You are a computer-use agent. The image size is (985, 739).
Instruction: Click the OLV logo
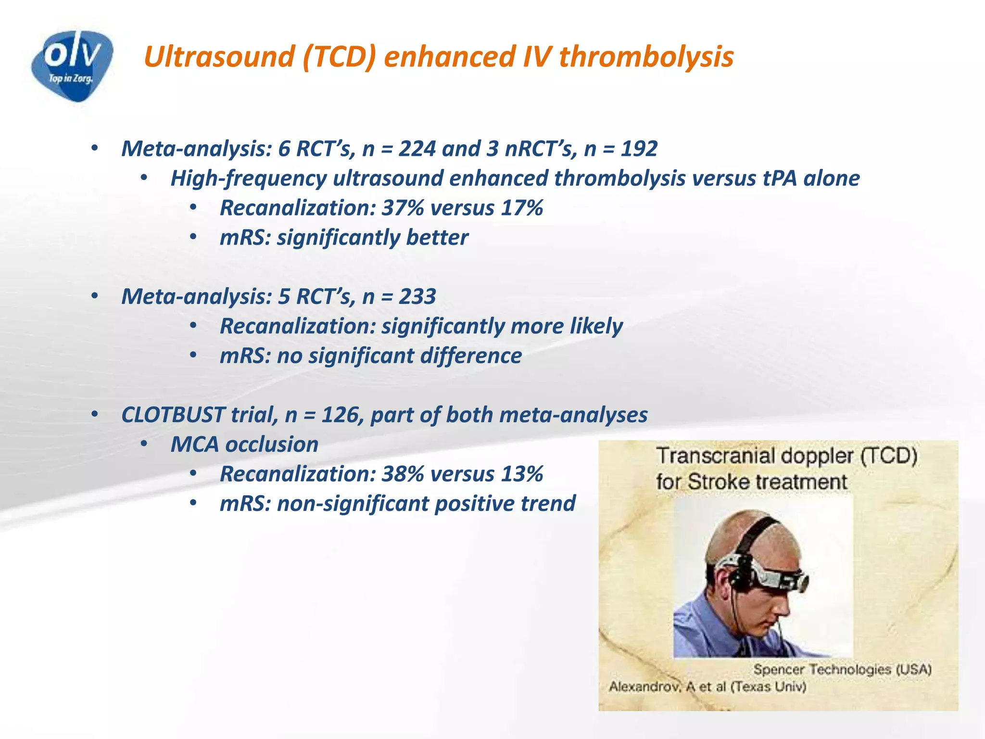(72, 65)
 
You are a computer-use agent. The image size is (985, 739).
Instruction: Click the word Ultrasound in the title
(219, 57)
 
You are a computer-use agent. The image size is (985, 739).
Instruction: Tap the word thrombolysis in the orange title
(646, 57)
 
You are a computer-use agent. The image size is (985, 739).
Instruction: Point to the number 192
(639, 149)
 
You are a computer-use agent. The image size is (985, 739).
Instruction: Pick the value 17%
(522, 208)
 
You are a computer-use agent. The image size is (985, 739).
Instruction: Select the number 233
(417, 296)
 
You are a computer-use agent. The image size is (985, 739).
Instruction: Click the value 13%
(522, 474)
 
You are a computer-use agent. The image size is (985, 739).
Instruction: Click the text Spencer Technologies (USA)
(842, 669)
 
